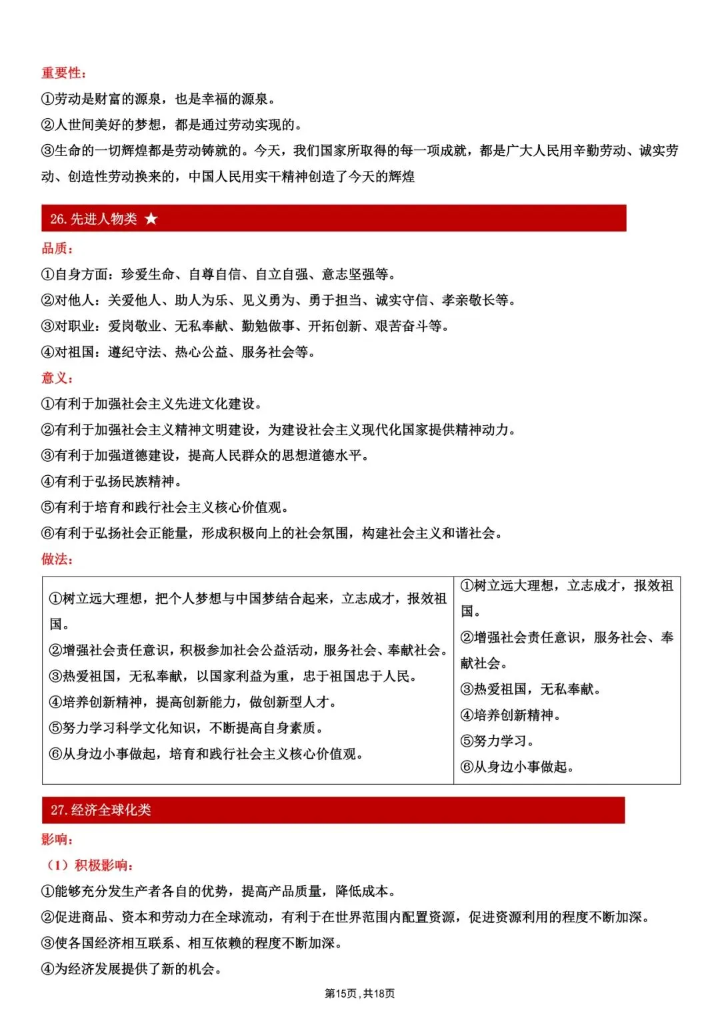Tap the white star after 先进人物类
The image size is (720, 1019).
click(x=151, y=219)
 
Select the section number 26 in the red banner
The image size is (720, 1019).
click(x=57, y=219)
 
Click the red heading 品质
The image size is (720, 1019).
click(x=56, y=248)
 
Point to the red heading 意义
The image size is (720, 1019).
click(x=56, y=378)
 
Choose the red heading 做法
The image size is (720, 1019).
click(x=56, y=559)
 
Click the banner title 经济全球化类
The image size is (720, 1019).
click(x=111, y=810)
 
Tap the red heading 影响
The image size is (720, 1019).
click(x=56, y=839)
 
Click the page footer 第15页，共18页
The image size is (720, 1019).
click(x=359, y=994)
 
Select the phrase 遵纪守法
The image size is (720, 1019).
click(x=135, y=352)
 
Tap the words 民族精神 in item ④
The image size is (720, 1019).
click(x=148, y=482)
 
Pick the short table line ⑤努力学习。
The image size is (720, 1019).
click(x=497, y=741)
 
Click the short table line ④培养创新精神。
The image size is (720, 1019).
click(x=510, y=715)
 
